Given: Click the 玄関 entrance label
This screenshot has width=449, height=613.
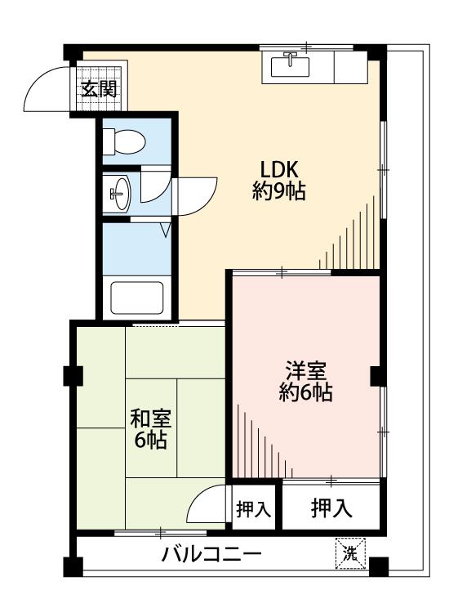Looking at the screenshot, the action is coord(99,90).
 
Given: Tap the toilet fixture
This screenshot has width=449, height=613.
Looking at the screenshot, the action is coord(125,142).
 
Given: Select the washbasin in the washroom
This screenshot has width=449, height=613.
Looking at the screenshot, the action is coord(119,194).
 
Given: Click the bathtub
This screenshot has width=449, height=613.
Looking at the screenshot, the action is coord(136,298).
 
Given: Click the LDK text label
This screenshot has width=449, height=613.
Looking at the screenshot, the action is coord(279,170).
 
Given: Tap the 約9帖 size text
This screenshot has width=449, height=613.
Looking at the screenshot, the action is coord(278,191).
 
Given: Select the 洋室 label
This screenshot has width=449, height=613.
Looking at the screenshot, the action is coord(306,371).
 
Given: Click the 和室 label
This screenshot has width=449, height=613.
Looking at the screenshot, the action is coord(150,418).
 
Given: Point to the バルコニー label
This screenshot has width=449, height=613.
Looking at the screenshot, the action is coord(211,554).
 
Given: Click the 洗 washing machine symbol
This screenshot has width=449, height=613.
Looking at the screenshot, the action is coord(350,553).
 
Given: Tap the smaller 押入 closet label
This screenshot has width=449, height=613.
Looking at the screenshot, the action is coord(254,509).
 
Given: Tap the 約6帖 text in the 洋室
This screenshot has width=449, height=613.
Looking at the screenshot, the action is coord(305,392).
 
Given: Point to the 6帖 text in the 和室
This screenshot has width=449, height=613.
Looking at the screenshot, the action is coord(150,441).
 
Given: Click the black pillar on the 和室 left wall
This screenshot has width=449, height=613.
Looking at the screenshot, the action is coord(73,376).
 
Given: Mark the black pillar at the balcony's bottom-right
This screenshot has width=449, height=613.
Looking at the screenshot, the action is coord(379,567).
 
